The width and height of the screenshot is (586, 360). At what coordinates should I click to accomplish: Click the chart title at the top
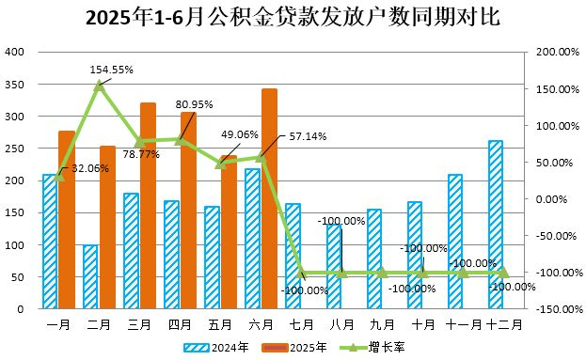293,18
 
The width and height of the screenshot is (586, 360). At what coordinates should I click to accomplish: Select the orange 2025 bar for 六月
269,198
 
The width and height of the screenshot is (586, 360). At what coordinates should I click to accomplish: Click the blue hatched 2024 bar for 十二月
496,225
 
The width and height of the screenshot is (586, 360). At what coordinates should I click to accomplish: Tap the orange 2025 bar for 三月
148,206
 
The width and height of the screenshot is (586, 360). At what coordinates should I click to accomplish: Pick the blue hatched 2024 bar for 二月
90,276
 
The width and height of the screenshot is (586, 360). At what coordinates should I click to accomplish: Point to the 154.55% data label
112,70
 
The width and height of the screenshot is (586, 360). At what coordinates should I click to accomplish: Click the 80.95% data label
195,104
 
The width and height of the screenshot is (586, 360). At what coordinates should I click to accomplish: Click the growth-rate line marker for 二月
100,86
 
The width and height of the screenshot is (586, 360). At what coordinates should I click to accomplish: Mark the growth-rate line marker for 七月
301,273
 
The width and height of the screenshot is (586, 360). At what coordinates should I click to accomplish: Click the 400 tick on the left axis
15,53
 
